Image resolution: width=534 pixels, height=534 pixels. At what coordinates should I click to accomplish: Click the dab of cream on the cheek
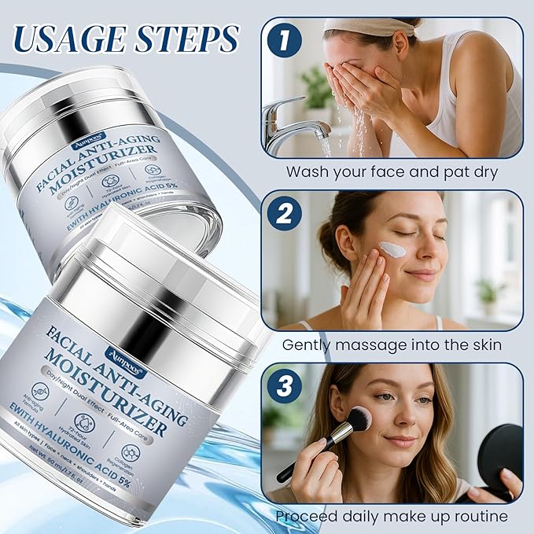(x=392, y=250)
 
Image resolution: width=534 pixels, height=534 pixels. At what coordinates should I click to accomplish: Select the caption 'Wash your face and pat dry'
(x=391, y=171)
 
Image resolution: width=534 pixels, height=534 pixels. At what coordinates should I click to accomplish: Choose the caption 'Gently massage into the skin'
(x=392, y=344)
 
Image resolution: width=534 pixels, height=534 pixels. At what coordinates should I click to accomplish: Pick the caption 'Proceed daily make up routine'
(x=392, y=516)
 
